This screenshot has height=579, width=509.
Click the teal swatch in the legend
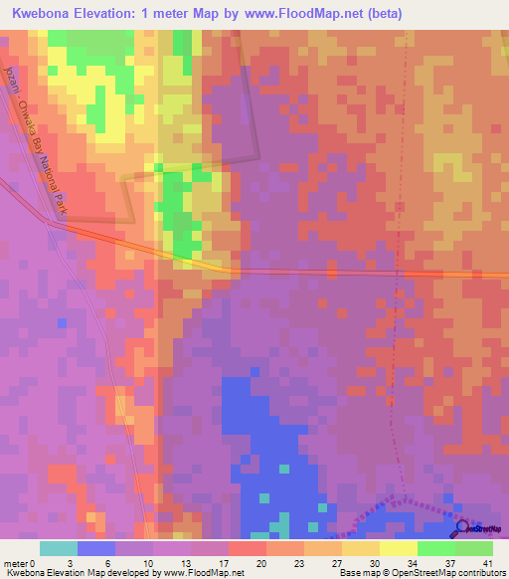(59, 547)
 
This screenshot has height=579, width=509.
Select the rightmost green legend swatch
(473, 547)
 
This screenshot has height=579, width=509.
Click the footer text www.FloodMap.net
(203, 573)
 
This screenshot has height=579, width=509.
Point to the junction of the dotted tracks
(402, 495)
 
